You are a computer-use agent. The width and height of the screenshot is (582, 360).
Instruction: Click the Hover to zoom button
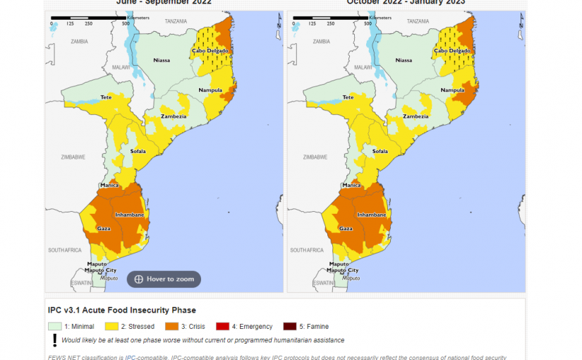[164, 280]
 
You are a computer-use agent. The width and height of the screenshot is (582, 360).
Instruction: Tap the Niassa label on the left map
[162, 61]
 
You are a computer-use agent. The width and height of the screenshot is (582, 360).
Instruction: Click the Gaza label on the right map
[346, 229]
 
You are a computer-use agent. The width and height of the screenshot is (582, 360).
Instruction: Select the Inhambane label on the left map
[130, 215]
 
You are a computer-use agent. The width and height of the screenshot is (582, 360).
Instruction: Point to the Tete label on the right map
[348, 97]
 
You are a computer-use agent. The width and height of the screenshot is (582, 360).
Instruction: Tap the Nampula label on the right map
[452, 90]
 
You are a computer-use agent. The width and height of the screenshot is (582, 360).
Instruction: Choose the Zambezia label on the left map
[174, 116]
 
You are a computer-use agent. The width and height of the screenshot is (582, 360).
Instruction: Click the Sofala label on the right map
[380, 151]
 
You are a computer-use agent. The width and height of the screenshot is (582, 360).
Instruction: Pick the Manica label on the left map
[110, 186]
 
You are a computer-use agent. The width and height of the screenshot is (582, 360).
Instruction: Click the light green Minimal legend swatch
[54, 326]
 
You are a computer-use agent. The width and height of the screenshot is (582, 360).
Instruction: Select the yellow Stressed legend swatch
[111, 326]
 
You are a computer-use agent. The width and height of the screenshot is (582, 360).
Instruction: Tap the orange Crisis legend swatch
[171, 326]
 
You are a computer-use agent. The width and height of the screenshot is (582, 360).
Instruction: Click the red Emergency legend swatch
[223, 326]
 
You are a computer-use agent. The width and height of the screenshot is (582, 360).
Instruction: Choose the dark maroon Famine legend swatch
[290, 326]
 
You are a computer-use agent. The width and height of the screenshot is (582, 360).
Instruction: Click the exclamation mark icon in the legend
[54, 340]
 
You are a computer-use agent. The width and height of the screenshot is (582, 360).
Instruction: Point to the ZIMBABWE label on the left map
[73, 157]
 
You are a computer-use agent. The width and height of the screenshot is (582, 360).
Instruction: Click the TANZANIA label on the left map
[176, 21]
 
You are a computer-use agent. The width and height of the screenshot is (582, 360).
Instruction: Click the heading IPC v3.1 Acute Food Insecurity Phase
[121, 311]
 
